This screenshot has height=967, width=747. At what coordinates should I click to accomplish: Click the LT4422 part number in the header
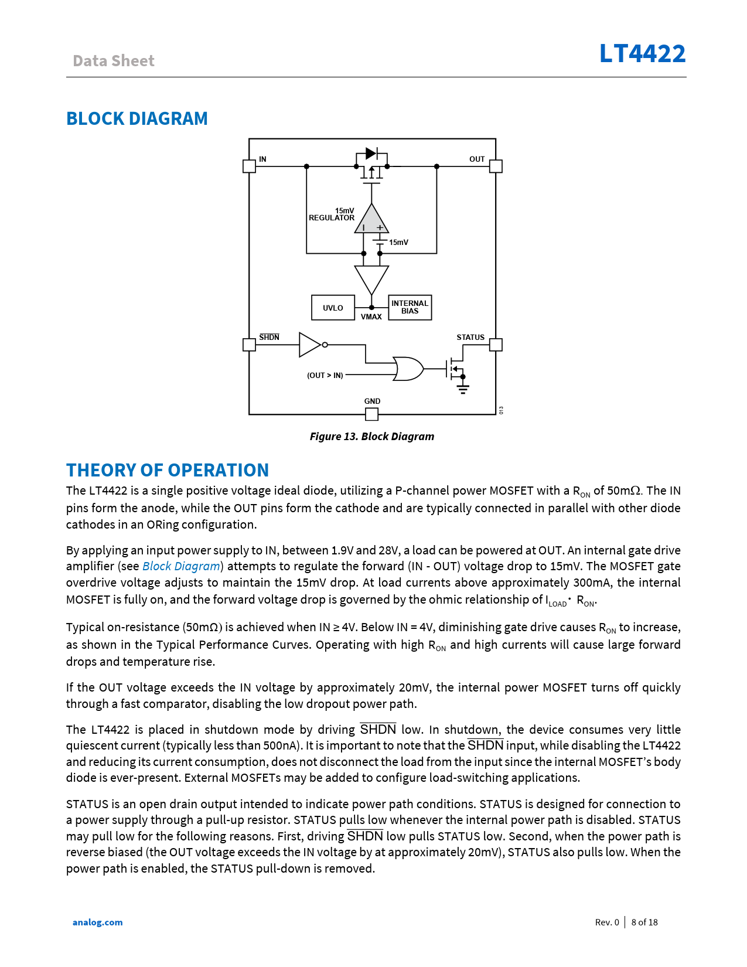point(642,54)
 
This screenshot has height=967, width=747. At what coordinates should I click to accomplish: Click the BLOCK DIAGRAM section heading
point(137,119)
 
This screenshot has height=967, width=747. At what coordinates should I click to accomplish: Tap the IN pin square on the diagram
point(249,166)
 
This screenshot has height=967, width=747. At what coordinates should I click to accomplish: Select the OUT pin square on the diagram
point(496,166)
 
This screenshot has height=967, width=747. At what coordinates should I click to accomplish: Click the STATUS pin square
point(496,345)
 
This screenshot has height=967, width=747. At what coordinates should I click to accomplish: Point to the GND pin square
point(371,414)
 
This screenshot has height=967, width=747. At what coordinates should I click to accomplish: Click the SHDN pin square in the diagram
point(249,345)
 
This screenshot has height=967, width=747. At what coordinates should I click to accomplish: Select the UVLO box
point(333,308)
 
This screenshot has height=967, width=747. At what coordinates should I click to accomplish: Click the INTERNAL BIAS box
point(410,308)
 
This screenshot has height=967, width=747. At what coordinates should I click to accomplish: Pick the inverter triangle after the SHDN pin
point(310,345)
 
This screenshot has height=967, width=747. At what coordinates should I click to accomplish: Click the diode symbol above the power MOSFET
point(371,154)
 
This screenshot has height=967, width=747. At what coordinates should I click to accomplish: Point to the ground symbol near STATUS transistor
point(463,389)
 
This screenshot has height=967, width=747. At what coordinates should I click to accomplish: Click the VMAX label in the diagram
point(371,317)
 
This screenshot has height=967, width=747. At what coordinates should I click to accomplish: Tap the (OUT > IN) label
point(325,376)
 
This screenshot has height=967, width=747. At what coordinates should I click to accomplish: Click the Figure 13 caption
point(372,437)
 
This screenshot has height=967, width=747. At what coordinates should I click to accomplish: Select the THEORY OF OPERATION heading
point(168,471)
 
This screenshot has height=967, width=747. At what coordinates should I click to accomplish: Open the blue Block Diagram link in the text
point(182,567)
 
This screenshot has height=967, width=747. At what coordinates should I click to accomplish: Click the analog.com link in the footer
point(98,922)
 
